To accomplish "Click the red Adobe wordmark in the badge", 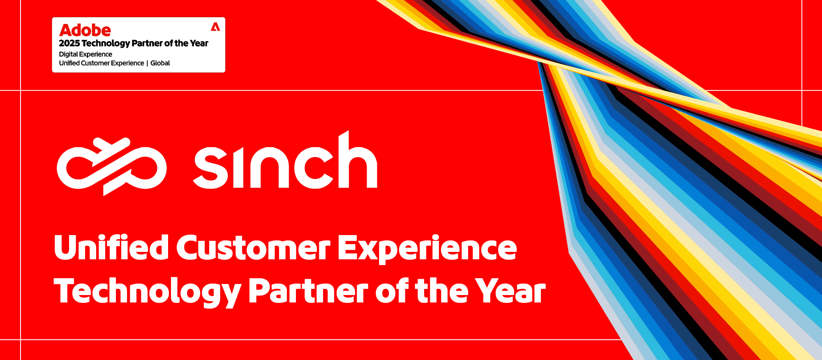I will point(85,30).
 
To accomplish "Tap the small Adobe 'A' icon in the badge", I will point(215,27).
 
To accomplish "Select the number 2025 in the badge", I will point(69,43).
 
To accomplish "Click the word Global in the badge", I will point(160,63).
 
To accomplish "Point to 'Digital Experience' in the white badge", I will point(85,54).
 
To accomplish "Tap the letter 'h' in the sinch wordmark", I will point(357,162).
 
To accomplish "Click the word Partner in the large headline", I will point(308,291).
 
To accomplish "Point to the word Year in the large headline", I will point(510,291).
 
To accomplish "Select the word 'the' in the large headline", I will point(441,291).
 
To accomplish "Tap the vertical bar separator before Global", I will point(147,63).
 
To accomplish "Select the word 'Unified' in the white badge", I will point(69,63).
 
